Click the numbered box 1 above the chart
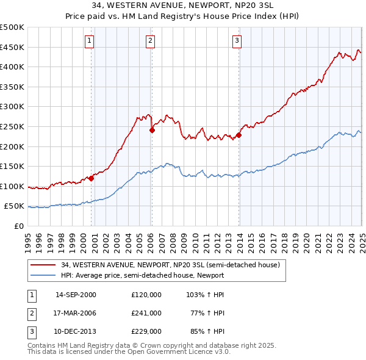[x=89, y=41]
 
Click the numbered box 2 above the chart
[x=150, y=41]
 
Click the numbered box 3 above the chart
[x=237, y=41]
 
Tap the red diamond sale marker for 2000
[x=91, y=178]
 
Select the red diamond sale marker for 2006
[x=152, y=129]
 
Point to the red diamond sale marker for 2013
[x=239, y=135]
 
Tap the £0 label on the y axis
[x=20, y=226]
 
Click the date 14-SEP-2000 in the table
[x=76, y=295]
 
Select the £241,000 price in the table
[x=146, y=313]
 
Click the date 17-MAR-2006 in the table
[x=76, y=313]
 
